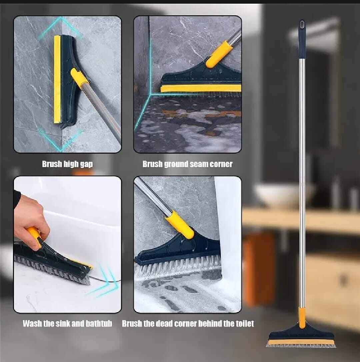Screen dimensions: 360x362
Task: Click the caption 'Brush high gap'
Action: [x=67, y=164]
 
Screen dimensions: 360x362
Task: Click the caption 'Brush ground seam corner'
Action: [x=187, y=164]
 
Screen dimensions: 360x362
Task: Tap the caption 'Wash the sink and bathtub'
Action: [x=67, y=323]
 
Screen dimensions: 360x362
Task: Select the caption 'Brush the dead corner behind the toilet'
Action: [x=188, y=323]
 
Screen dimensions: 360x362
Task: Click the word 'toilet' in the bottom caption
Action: [x=245, y=323]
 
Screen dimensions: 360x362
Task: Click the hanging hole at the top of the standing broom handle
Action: [x=302, y=24]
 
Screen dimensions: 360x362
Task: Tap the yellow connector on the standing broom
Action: [x=302, y=318]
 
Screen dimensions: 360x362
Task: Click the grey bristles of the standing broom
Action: [x=301, y=345]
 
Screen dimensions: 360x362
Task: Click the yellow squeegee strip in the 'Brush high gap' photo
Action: [x=57, y=79]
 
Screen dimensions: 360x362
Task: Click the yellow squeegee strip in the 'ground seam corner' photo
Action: [x=201, y=88]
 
